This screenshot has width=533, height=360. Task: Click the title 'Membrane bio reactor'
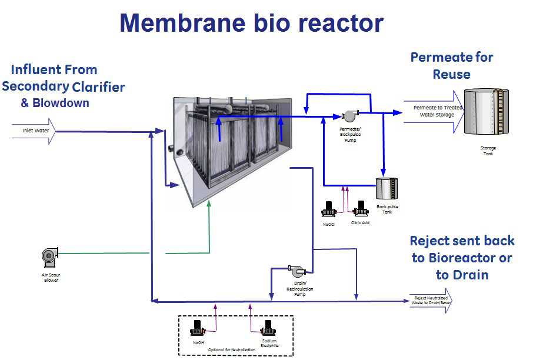[251, 23]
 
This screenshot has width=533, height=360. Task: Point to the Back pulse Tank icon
[386, 189]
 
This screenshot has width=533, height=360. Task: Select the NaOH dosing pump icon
[198, 328]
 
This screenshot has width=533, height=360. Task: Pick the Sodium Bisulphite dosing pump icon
[269, 328]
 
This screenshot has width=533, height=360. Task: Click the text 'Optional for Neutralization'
[231, 350]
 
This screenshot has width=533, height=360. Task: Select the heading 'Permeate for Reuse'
[451, 65]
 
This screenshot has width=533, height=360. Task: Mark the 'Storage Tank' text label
[485, 151]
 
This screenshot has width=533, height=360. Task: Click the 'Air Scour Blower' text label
[51, 276]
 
